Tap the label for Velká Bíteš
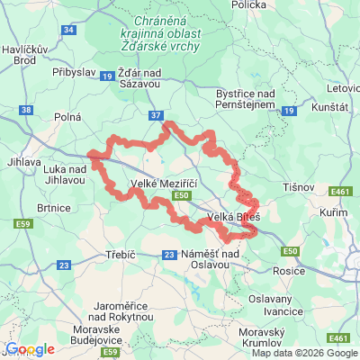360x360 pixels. tap(233, 218)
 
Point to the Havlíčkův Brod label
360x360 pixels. tap(25, 55)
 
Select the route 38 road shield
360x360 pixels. tap(25, 111)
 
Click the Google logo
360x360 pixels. tap(30, 349)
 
